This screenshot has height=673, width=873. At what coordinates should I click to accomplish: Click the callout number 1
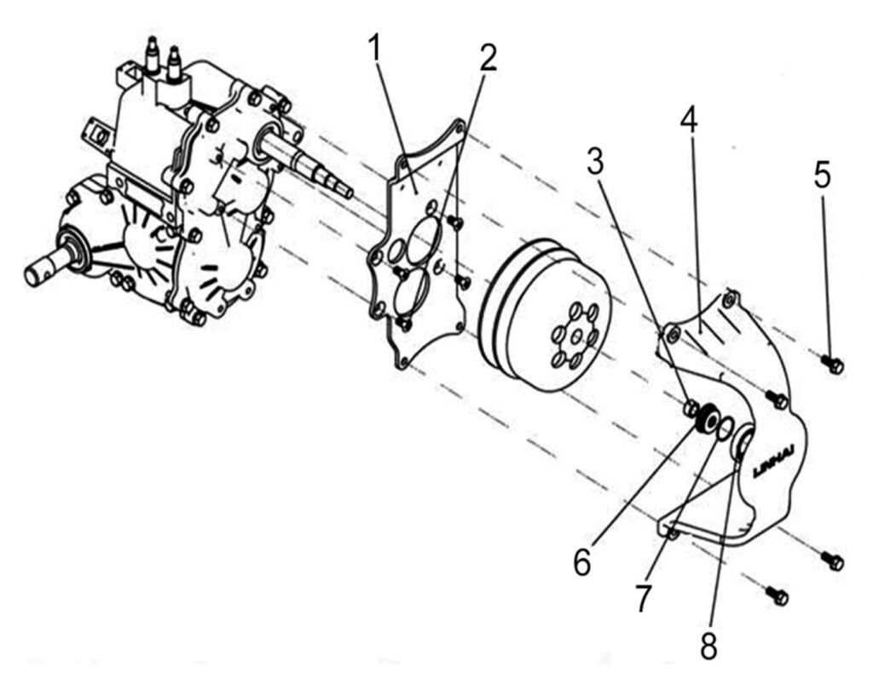(376, 50)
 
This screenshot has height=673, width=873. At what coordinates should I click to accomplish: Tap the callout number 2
(487, 58)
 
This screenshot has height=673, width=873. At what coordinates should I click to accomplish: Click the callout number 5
(821, 176)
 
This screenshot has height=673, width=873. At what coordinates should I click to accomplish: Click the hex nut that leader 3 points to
(691, 408)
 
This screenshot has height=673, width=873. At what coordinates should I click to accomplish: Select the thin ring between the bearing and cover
(725, 426)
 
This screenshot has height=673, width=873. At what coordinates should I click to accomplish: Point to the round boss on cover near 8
(742, 442)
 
